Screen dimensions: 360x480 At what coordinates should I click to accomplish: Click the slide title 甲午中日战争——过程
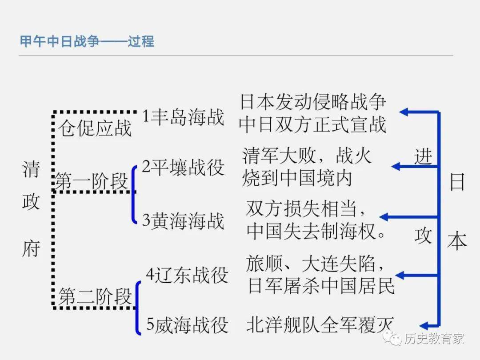click(x=87, y=41)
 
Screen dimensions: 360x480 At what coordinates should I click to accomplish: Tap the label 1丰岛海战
click(x=183, y=117)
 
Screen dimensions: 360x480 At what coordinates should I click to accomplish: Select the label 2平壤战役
click(x=183, y=168)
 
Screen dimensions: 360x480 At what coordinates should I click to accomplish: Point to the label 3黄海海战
click(x=183, y=221)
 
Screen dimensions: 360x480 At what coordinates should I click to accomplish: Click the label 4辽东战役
click(x=187, y=275)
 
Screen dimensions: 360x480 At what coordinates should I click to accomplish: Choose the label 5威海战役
click(x=187, y=325)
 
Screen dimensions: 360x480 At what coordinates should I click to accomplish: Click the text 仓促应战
click(x=95, y=128)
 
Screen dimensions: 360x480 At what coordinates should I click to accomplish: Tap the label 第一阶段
click(x=92, y=182)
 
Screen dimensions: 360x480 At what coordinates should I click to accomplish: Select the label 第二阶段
click(x=95, y=296)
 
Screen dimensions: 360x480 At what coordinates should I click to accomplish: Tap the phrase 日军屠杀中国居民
click(x=321, y=286)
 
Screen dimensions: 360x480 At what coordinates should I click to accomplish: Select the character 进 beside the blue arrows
click(x=423, y=156)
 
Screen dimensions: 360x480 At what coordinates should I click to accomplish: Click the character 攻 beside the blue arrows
click(x=423, y=236)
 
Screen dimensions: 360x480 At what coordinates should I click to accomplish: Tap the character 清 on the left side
click(x=31, y=169)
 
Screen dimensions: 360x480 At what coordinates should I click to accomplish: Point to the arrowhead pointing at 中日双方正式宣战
click(x=404, y=112)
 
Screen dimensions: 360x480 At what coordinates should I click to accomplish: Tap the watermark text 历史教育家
click(x=434, y=339)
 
